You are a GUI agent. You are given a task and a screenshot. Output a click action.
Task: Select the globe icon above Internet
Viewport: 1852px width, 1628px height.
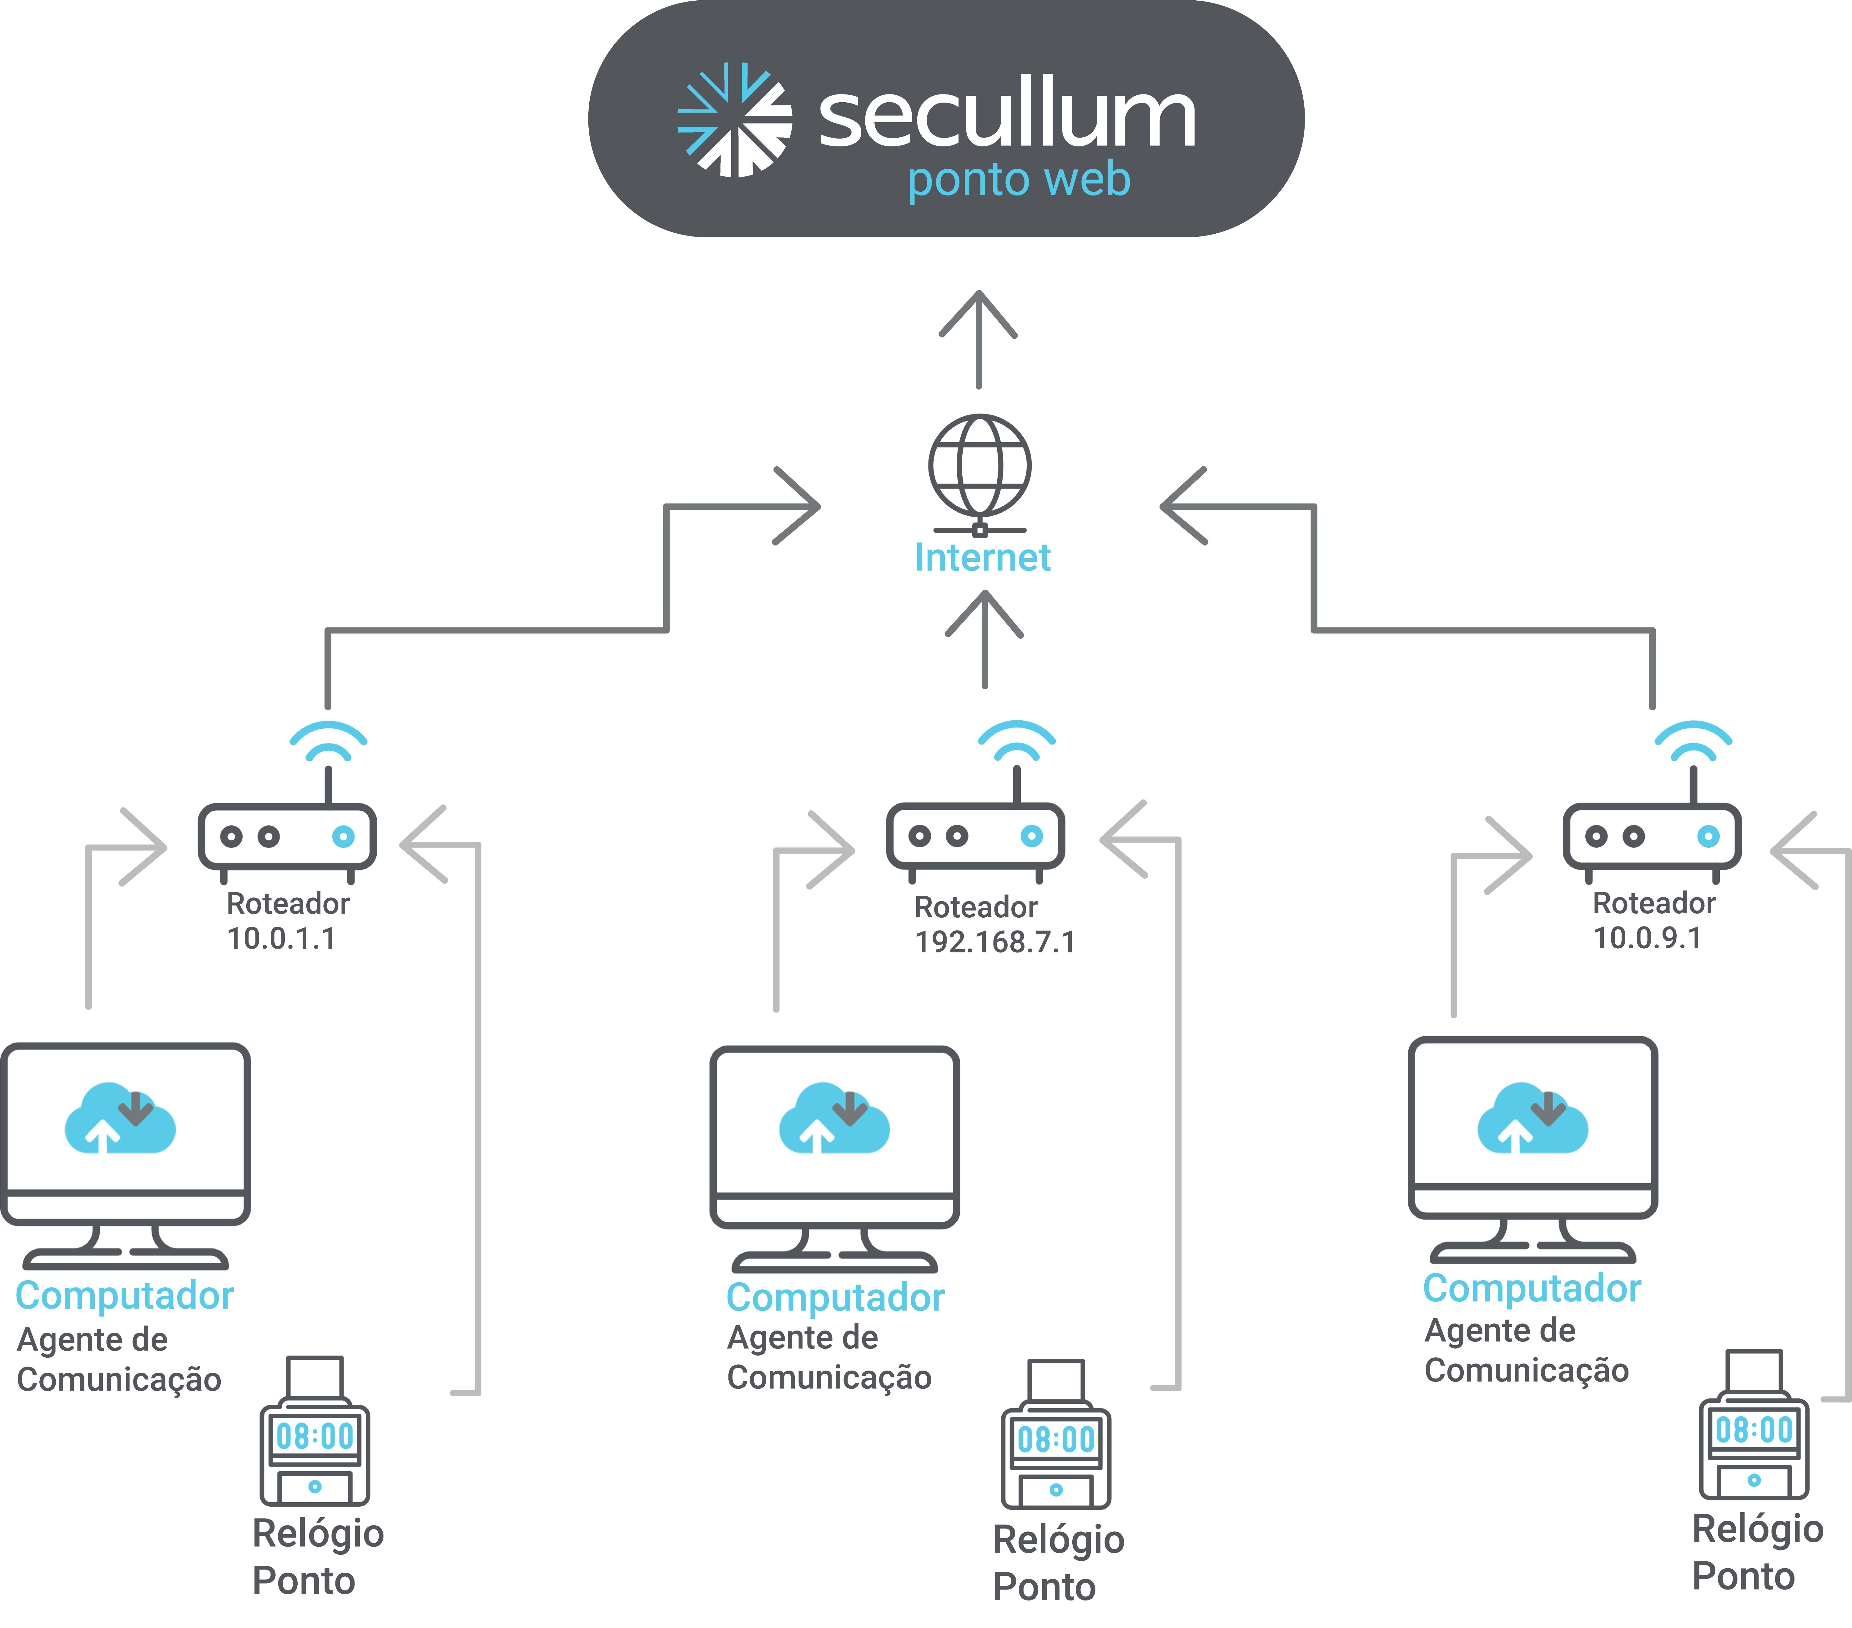coord(979,467)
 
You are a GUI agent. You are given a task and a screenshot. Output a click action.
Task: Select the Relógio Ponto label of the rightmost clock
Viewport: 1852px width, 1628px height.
coord(1756,1552)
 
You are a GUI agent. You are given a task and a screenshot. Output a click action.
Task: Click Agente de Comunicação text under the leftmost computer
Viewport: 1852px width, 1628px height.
coord(118,1360)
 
